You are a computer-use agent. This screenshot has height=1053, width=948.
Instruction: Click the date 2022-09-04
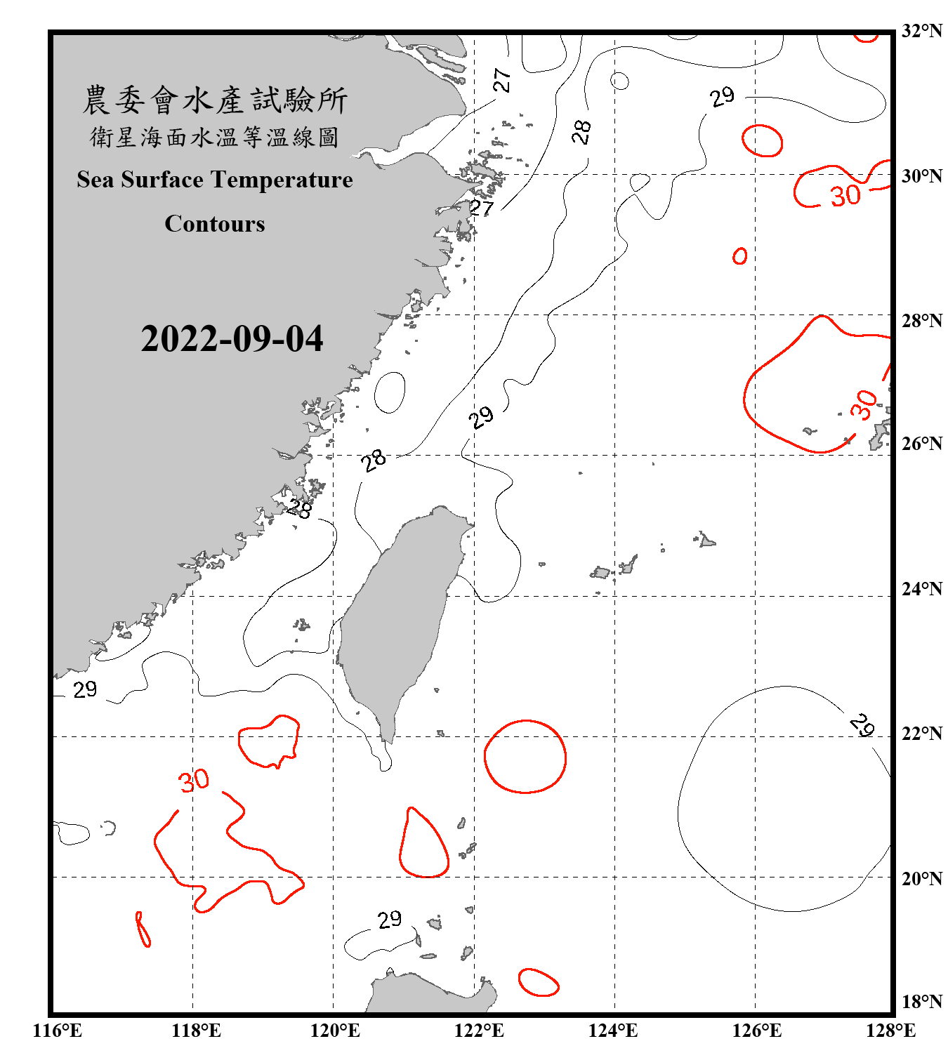pos(232,339)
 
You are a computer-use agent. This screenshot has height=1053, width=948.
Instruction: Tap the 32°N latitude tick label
pos(921,31)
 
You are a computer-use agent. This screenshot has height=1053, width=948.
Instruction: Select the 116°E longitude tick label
pos(57,1031)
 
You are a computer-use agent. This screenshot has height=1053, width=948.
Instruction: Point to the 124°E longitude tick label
pos(612,1031)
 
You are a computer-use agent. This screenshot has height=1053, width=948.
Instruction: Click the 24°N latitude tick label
pos(921,589)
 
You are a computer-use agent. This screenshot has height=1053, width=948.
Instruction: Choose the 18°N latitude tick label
pos(921,1002)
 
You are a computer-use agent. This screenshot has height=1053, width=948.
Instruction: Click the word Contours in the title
pos(215,224)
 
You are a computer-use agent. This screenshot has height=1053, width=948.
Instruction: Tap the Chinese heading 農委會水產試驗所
pos(215,100)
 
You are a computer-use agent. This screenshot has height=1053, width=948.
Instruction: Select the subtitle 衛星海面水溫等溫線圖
pos(215,137)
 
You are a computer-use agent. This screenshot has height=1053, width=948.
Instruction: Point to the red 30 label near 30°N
pos(845,196)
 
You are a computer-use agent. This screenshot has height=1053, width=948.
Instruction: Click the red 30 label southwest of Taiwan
pos(194,781)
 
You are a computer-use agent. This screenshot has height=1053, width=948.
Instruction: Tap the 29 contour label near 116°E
pos(85,690)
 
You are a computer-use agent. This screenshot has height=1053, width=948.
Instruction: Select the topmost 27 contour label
pos(501,80)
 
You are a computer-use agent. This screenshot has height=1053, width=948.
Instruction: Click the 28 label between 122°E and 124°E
pos(581,131)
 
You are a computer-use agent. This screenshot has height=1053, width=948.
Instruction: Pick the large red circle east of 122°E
pos(525,757)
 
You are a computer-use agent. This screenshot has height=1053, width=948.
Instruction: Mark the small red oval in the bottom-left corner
pos(143,929)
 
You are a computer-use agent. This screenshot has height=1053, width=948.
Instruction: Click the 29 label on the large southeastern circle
pos(862,724)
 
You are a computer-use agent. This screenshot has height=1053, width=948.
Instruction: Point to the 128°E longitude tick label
pos(890,1031)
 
